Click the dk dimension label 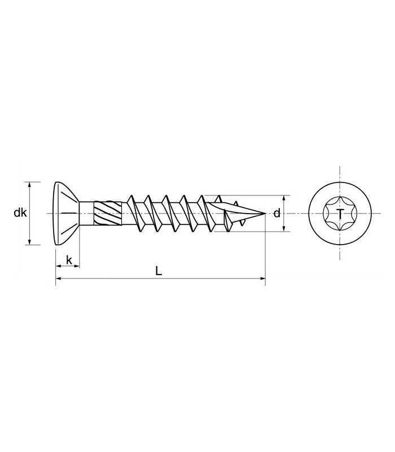20,213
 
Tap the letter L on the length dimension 159,271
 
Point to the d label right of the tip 276,214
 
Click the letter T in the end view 340,214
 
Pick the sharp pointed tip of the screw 264,214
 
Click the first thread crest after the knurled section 131,199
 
